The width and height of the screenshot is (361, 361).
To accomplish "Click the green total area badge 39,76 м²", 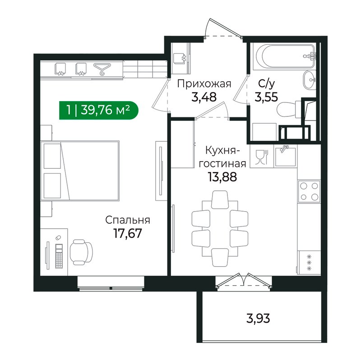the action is click(99, 110).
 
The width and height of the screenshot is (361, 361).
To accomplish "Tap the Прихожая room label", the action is click(204, 84).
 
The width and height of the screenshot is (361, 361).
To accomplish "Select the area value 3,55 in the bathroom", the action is click(266, 97).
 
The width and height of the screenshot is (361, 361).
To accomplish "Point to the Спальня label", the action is click(128, 220).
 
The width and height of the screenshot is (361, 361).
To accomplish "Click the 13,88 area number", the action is click(222, 177).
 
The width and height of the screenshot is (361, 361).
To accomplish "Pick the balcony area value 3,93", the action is click(258, 319).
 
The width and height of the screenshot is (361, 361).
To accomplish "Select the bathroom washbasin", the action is click(310, 80).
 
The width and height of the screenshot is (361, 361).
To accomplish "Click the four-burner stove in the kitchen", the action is click(309, 191).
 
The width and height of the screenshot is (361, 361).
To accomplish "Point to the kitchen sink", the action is click(286, 156).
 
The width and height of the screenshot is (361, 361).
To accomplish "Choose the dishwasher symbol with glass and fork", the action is click(262, 157).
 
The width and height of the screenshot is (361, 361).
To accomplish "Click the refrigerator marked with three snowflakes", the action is click(309, 263).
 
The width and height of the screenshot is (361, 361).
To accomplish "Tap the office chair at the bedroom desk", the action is click(81, 252).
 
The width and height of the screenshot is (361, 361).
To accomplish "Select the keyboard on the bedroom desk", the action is click(59, 256).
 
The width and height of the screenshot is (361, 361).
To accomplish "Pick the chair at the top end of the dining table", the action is click(220, 199).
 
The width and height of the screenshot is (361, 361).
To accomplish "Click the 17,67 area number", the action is click(128, 233).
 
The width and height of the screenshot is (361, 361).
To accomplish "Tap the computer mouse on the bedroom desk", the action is click(58, 238).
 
